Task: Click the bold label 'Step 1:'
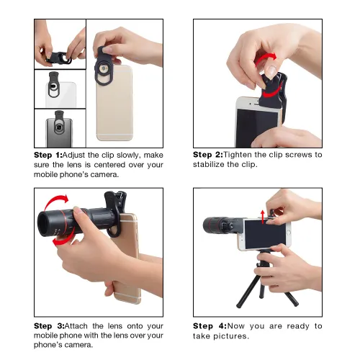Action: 48,155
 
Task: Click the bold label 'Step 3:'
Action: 48,326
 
